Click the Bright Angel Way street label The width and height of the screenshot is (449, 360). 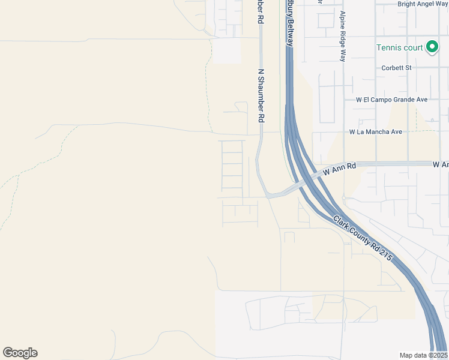[423, 4]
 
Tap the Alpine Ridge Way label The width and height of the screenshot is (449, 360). [343, 36]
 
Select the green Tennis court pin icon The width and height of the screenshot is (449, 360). [432, 47]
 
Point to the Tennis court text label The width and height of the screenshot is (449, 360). [399, 47]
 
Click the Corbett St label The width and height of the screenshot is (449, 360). [396, 68]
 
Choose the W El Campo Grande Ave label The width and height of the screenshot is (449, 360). [391, 100]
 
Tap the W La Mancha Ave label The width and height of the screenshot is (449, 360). [376, 132]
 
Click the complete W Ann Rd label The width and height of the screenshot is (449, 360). [339, 169]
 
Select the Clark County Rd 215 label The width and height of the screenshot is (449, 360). [363, 238]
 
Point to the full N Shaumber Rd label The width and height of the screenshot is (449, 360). [261, 96]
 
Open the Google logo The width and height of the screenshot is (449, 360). [20, 353]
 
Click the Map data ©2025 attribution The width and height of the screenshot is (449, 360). [423, 355]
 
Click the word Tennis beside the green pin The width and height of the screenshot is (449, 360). [387, 47]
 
